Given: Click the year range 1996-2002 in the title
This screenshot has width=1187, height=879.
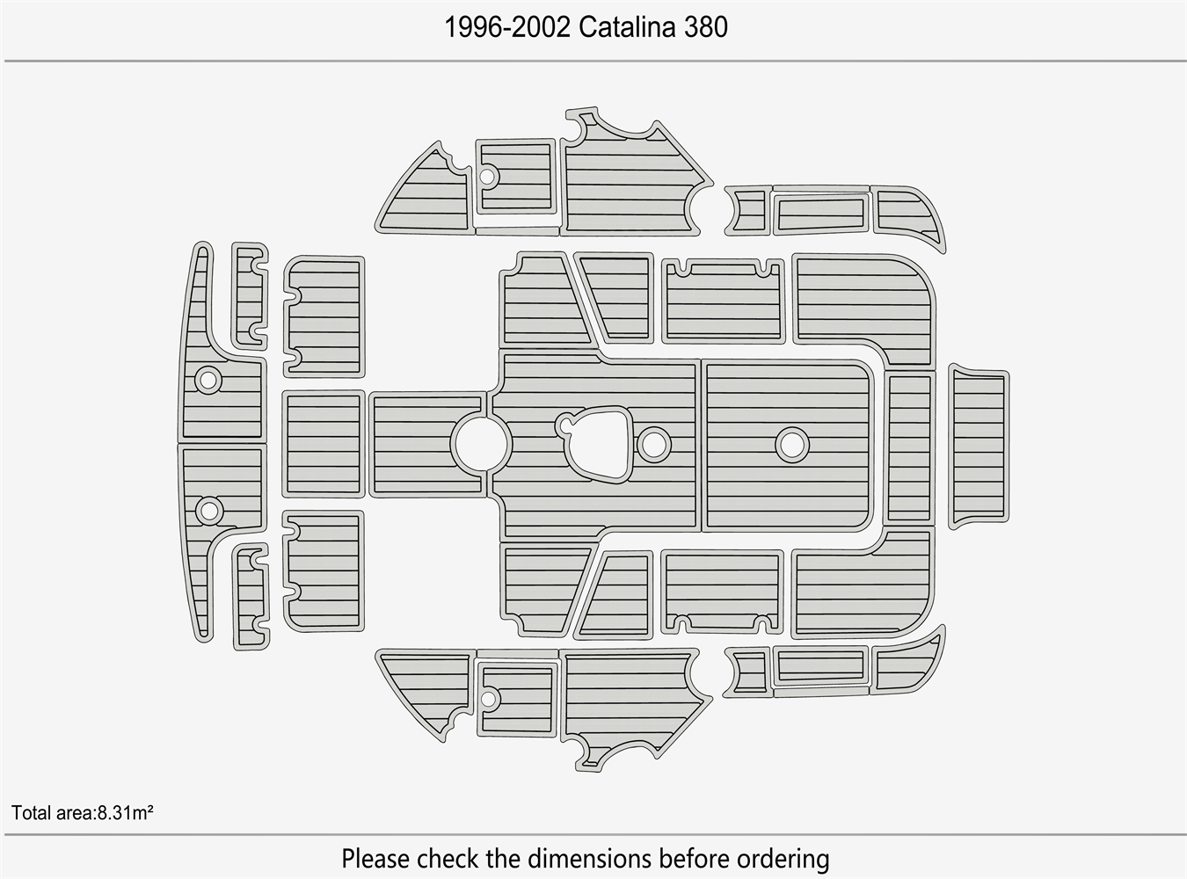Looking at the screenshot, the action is [x=507, y=27].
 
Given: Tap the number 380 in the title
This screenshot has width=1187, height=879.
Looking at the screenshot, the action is [x=705, y=27].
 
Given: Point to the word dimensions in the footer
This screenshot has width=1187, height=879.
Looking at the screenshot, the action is [x=589, y=858].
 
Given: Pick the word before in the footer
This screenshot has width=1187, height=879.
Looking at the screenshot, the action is [x=694, y=858].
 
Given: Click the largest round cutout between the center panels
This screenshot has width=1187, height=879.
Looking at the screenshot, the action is [x=481, y=444].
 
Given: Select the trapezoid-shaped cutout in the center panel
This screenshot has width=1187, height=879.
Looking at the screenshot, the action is [x=594, y=444].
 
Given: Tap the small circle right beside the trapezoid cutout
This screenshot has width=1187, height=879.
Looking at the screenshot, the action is [x=653, y=445].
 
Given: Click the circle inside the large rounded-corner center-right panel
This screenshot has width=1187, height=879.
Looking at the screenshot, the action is [x=792, y=445].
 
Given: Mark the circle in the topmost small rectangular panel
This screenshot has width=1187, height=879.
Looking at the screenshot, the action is [x=487, y=176].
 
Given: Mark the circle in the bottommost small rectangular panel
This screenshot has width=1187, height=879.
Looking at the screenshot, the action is [x=487, y=699].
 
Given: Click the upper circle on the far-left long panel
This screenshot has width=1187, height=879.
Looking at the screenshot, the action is [x=208, y=380].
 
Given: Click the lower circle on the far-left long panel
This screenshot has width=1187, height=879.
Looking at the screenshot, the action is [x=208, y=511].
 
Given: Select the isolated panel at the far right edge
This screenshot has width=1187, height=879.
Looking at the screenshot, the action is [x=979, y=447].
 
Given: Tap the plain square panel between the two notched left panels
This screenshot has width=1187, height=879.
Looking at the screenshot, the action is [x=324, y=444].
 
